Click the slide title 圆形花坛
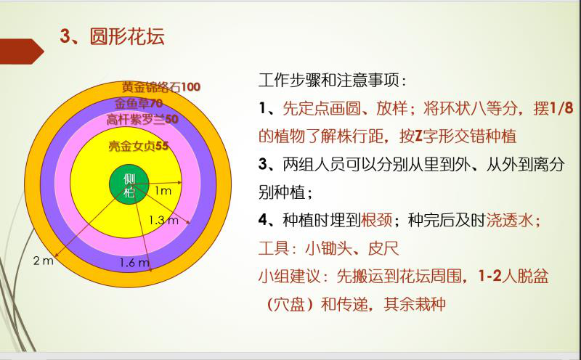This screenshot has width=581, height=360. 127,36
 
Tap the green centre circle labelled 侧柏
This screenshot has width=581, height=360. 129,184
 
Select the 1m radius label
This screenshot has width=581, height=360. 163,190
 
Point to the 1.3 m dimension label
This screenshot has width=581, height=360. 163,221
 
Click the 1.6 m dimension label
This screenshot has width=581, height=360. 134,263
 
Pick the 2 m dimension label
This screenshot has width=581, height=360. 44,261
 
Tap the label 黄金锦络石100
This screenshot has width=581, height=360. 161,87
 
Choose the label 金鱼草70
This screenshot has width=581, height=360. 139,103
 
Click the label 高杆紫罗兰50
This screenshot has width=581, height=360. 142,119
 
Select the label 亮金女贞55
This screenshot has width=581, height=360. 139,146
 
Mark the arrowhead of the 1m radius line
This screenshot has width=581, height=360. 179,182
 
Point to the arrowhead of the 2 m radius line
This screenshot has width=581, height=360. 57,255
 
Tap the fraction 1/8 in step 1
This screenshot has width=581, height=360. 561,108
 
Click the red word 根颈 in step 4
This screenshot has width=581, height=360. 376,220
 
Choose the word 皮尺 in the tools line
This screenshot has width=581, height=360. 383,248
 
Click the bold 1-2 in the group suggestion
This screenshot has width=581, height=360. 489,276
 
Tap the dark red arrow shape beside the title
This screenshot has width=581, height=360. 20,52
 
